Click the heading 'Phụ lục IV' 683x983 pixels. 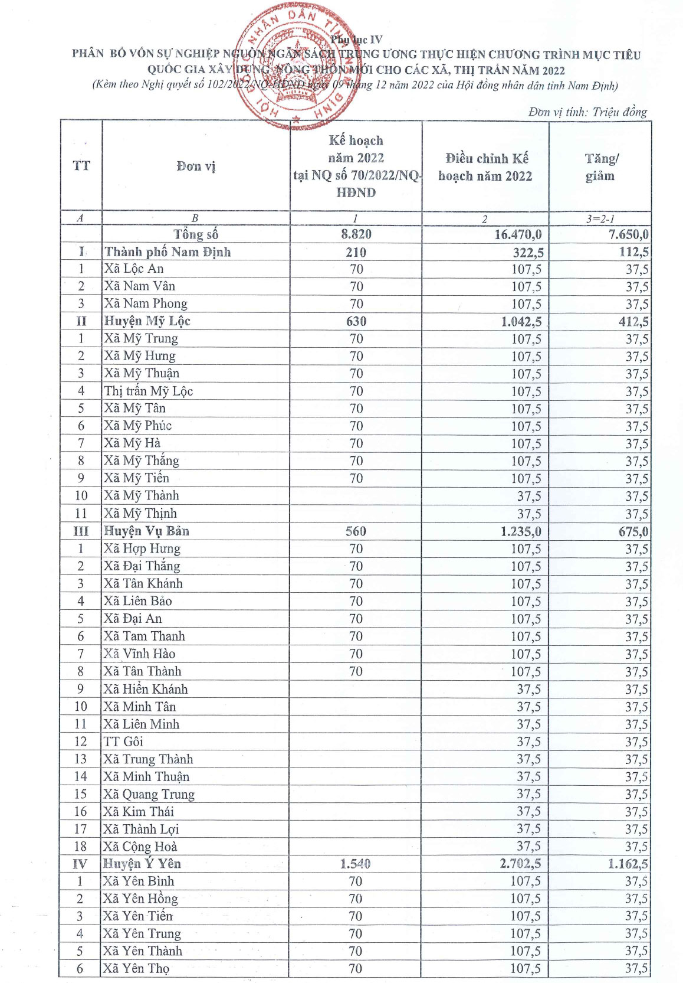pyautogui.click(x=356, y=40)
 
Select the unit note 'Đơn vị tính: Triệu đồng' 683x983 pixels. pyautogui.click(x=587, y=112)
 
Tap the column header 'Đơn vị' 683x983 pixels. pyautogui.click(x=196, y=166)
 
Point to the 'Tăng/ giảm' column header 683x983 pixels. pyautogui.click(x=600, y=167)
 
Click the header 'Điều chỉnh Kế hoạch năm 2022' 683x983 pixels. pyautogui.click(x=485, y=167)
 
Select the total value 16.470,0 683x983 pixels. pyautogui.click(x=517, y=234)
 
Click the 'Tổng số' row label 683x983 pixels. pyautogui.click(x=196, y=234)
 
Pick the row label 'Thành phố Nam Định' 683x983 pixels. pyautogui.click(x=168, y=252)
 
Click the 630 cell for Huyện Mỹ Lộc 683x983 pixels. pyautogui.click(x=356, y=321)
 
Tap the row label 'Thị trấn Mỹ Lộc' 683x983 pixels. pyautogui.click(x=149, y=391)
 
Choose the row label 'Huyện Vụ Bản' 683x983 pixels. pyautogui.click(x=146, y=531)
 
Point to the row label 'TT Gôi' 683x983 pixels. pyautogui.click(x=123, y=742)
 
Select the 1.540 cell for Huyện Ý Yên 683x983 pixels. pyautogui.click(x=355, y=864)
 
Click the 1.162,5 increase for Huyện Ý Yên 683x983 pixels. pyautogui.click(x=628, y=864)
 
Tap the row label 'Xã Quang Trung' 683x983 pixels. pyautogui.click(x=149, y=794)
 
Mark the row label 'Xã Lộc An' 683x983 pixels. pyautogui.click(x=134, y=269)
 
